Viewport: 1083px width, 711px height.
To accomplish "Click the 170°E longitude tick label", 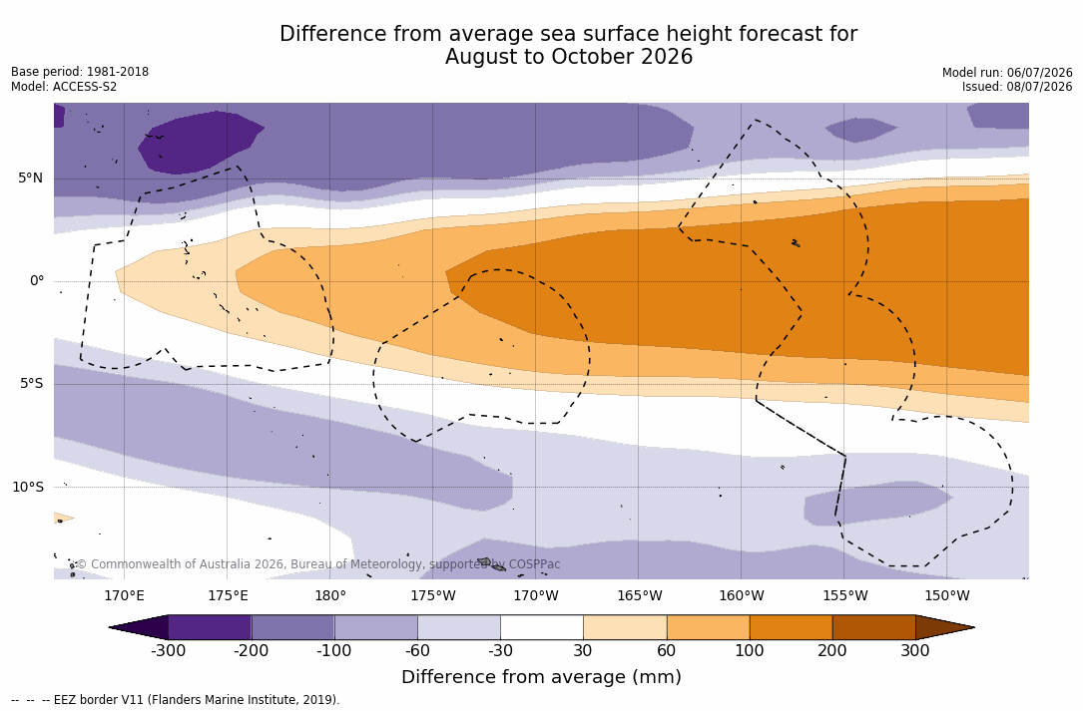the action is tap(125, 595).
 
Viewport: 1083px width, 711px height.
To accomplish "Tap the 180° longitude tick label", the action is tap(330, 595).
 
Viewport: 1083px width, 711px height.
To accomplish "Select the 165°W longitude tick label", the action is tap(640, 595).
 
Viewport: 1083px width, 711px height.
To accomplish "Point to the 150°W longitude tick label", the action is tap(947, 595).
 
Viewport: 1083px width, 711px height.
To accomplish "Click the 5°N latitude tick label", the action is tap(30, 178).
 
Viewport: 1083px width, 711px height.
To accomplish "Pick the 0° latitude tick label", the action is tap(37, 281).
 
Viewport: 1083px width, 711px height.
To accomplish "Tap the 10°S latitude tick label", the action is tap(28, 488).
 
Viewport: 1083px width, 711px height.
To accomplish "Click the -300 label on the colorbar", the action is tap(168, 650).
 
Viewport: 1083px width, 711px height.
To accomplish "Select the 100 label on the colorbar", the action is tap(750, 650).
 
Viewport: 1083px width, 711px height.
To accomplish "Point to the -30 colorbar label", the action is tap(500, 650).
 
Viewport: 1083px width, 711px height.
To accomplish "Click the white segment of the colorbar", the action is tap(542, 627).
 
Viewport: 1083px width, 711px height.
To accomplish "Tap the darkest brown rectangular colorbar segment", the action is tap(873, 627).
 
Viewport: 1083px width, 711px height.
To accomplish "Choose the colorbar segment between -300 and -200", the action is tap(210, 627).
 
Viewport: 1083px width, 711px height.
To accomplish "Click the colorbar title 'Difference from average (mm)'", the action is tap(541, 677).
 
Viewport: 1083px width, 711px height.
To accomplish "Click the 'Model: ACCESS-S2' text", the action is tap(64, 87).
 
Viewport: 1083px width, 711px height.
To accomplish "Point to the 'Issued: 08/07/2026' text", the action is tap(1017, 87).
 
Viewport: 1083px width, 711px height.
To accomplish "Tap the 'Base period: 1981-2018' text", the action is tap(80, 72).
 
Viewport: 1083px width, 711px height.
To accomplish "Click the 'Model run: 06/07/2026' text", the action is tap(1007, 73).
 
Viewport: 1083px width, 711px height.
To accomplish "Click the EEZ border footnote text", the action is tap(176, 699).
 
